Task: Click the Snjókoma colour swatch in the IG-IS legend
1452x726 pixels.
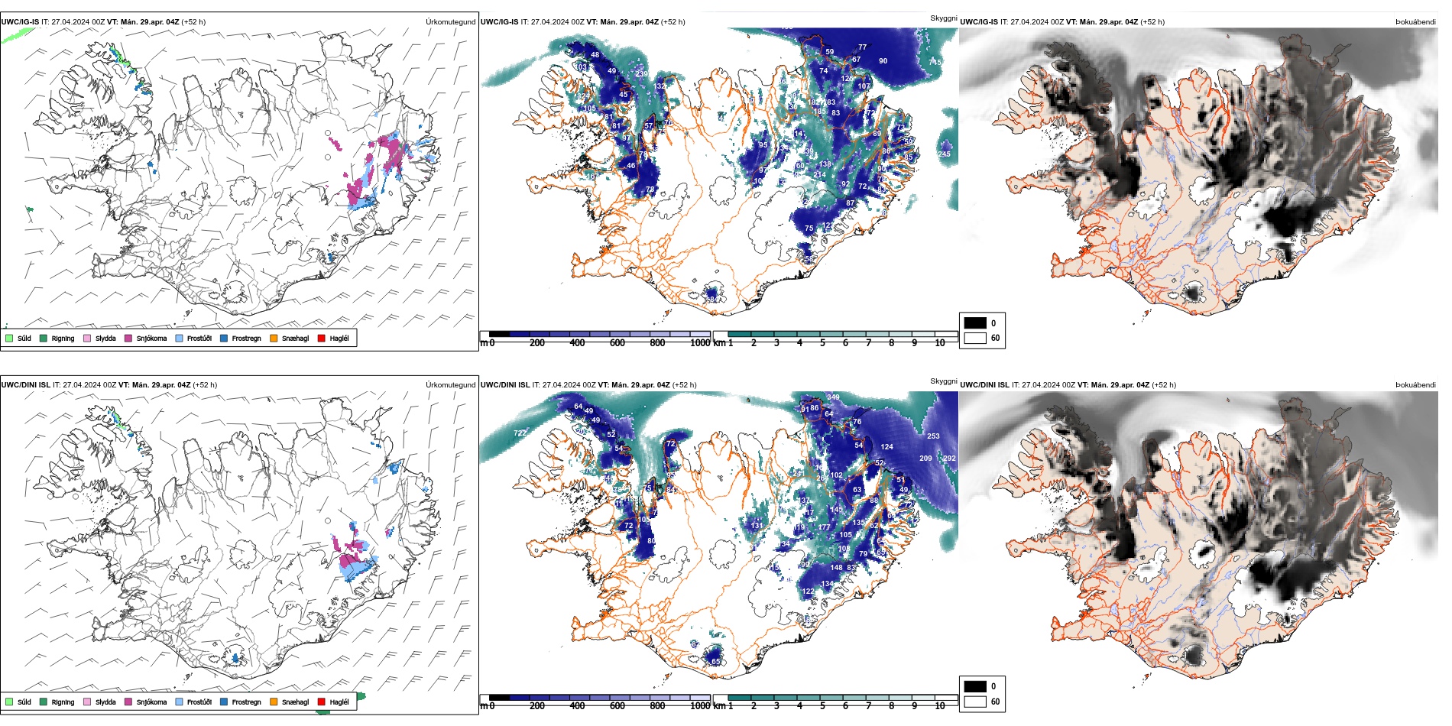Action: [128, 338]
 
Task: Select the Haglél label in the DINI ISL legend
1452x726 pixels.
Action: [339, 702]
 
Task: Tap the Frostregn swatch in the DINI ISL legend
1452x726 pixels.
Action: [223, 702]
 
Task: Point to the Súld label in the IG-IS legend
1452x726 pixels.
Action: [24, 338]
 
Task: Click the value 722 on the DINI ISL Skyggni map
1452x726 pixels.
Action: [520, 433]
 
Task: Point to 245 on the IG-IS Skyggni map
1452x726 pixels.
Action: [944, 154]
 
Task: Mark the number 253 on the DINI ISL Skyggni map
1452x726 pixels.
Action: [933, 436]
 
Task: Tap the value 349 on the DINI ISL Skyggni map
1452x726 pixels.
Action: [833, 397]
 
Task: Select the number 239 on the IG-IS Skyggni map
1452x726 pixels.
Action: [641, 74]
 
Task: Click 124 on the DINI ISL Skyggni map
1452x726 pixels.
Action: [886, 447]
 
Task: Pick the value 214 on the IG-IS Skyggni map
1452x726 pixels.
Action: [819, 175]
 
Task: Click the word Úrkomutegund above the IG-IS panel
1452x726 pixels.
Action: [450, 22]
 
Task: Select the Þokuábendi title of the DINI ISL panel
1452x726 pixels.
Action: [1415, 385]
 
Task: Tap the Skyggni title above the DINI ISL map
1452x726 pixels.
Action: [944, 381]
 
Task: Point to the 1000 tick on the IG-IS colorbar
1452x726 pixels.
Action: [700, 343]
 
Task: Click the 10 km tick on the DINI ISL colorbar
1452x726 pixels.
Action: [939, 706]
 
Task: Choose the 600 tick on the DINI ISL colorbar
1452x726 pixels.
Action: [617, 706]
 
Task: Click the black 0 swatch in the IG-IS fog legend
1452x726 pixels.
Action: [975, 323]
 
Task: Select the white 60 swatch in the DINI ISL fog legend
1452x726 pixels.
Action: [975, 701]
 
